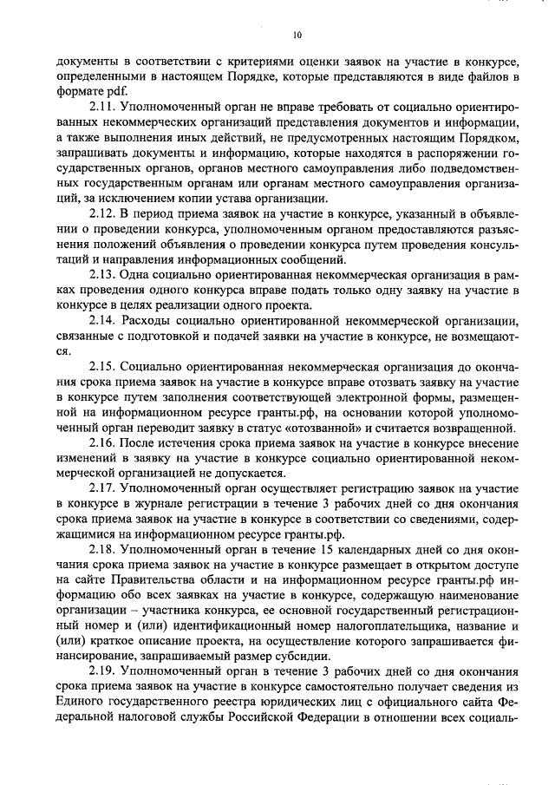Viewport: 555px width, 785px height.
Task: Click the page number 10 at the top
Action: click(x=297, y=35)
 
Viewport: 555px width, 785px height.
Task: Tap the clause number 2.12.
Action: click(x=104, y=213)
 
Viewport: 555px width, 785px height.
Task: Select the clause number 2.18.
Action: click(x=104, y=550)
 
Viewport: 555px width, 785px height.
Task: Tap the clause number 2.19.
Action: click(x=104, y=672)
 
